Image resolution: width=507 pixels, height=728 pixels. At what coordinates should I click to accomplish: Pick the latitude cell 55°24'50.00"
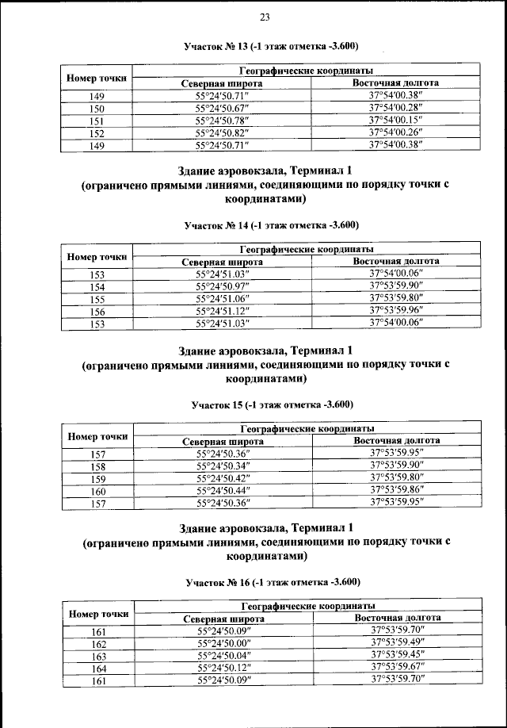tap(222, 644)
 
